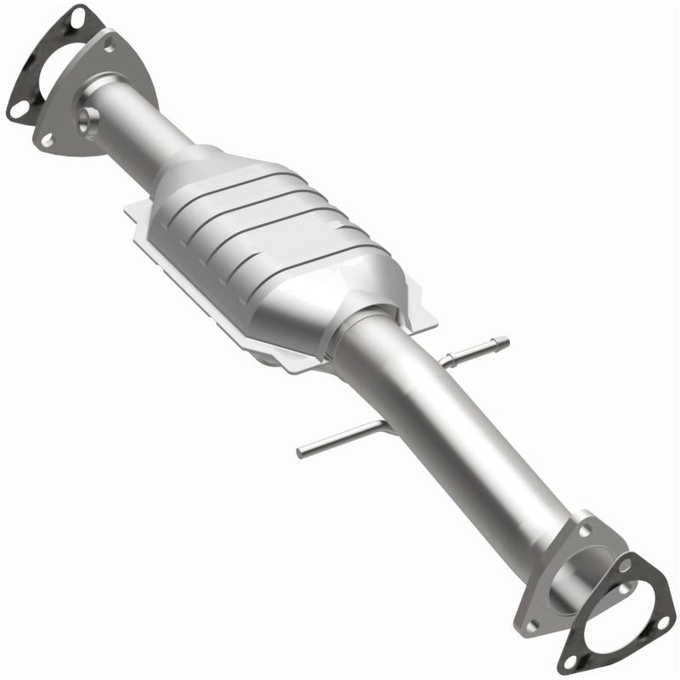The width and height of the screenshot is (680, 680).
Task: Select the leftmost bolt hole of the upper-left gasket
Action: (17, 110)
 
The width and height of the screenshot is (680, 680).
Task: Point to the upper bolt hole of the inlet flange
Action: (110, 41)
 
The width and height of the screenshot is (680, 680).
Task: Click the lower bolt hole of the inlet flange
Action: (44, 136)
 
